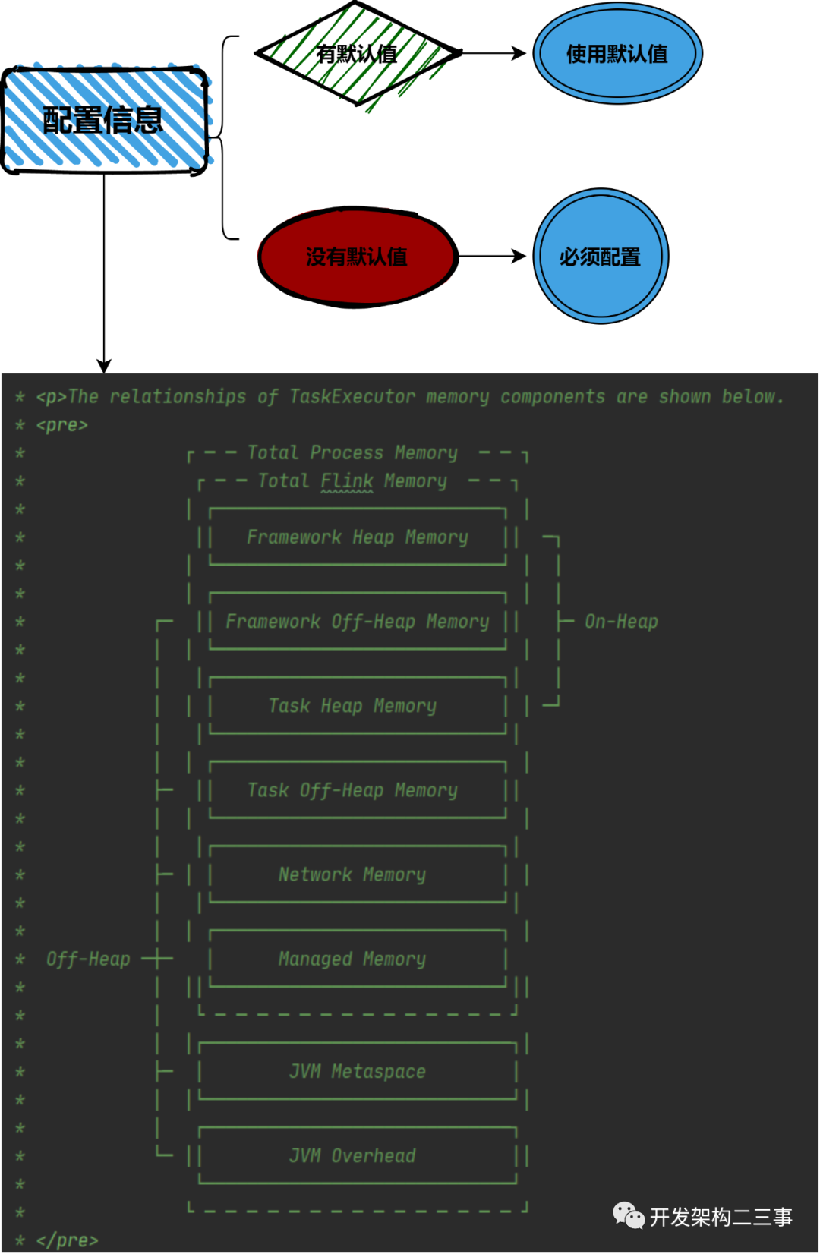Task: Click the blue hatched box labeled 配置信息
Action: click(106, 119)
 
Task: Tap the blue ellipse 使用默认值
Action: click(617, 54)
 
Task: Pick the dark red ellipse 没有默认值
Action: click(358, 257)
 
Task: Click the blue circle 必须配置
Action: click(601, 256)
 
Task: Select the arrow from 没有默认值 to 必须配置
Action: click(492, 257)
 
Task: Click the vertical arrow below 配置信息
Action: click(104, 273)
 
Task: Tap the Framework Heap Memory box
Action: click(358, 537)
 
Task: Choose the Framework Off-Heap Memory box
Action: click(358, 621)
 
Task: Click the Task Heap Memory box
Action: click(358, 705)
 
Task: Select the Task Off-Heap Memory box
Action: click(358, 790)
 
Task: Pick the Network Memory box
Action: click(358, 874)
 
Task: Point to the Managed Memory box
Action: click(358, 959)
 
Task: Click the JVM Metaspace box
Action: click(358, 1071)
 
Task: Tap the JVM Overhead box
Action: click(358, 1155)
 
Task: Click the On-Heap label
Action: click(621, 622)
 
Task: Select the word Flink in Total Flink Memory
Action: click(347, 481)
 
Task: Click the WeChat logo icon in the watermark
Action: click(629, 1215)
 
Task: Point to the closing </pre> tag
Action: click(68, 1240)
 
